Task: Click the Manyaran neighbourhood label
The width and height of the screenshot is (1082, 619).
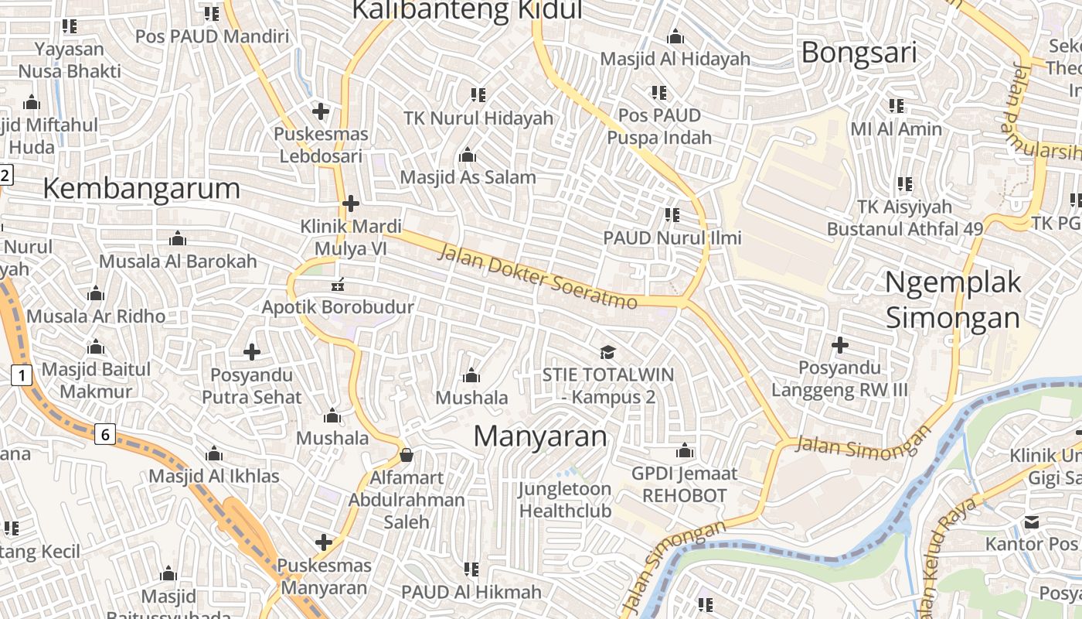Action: [540, 436]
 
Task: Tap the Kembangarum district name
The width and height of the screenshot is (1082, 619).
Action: [141, 188]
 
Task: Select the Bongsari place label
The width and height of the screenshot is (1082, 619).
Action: [859, 53]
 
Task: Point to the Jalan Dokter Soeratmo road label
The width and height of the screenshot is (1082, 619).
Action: [538, 276]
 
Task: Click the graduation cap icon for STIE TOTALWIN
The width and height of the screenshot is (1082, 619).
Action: [608, 353]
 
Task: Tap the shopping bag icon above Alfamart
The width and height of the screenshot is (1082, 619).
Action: [407, 455]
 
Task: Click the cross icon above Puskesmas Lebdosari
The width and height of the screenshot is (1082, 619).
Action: [320, 111]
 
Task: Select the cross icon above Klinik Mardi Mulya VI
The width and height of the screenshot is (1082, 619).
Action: [351, 203]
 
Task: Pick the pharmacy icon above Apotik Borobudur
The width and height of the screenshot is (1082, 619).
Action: [338, 286]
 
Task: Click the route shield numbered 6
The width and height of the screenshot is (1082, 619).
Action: [105, 434]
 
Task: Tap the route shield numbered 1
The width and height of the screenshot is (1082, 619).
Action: [22, 376]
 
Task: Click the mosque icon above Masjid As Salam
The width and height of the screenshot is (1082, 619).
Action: [467, 156]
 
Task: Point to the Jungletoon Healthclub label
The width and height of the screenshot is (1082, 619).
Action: [565, 500]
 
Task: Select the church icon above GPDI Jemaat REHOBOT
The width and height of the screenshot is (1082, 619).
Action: [685, 451]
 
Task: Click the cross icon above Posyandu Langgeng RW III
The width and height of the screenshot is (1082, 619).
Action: [840, 345]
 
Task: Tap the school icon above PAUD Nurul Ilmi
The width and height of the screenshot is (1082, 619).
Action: [672, 215]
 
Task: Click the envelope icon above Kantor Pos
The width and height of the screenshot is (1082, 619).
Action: [1031, 522]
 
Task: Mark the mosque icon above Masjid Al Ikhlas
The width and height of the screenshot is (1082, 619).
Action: [214, 453]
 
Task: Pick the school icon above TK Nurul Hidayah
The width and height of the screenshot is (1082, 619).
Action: [478, 95]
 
